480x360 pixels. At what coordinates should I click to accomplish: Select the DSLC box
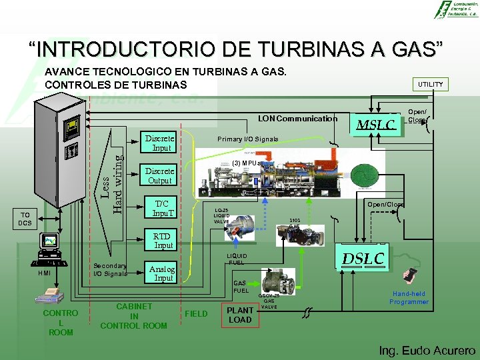[363, 258]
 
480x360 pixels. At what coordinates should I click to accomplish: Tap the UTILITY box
[430, 84]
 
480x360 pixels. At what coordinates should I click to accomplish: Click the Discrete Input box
[160, 143]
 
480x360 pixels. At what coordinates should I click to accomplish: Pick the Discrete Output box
[160, 175]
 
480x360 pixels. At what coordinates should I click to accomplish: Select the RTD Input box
[162, 241]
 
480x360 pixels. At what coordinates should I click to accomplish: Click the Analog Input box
[163, 273]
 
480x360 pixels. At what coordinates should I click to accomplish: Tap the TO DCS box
[25, 219]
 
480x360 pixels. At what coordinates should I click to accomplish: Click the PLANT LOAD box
[241, 315]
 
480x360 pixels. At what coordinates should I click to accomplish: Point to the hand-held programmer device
[411, 276]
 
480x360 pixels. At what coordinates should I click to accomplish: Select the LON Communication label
[298, 119]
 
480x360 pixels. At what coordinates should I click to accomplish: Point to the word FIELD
[196, 313]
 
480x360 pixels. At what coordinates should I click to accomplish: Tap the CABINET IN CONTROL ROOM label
[133, 316]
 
